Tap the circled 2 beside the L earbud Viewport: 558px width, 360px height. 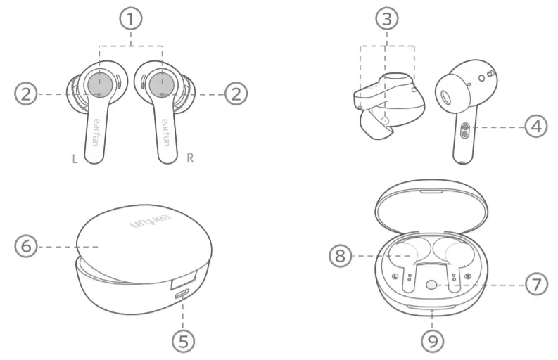[25, 94]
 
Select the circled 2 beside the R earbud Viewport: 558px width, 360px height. [236, 94]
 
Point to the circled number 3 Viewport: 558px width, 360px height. [386, 20]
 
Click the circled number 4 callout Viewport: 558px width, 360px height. [537, 127]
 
